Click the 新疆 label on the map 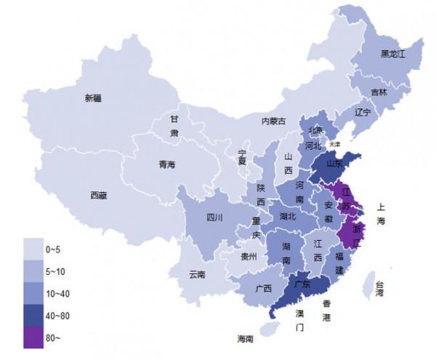(93, 97)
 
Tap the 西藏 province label (99, 195)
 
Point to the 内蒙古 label (274, 121)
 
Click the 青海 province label (167, 164)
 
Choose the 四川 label (214, 217)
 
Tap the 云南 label (197, 274)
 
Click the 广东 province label (302, 284)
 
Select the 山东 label (335, 164)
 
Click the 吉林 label (379, 92)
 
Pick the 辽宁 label (363, 113)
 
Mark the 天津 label (334, 144)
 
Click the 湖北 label (288, 216)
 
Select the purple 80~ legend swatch (33, 336)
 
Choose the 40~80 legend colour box (33, 315)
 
